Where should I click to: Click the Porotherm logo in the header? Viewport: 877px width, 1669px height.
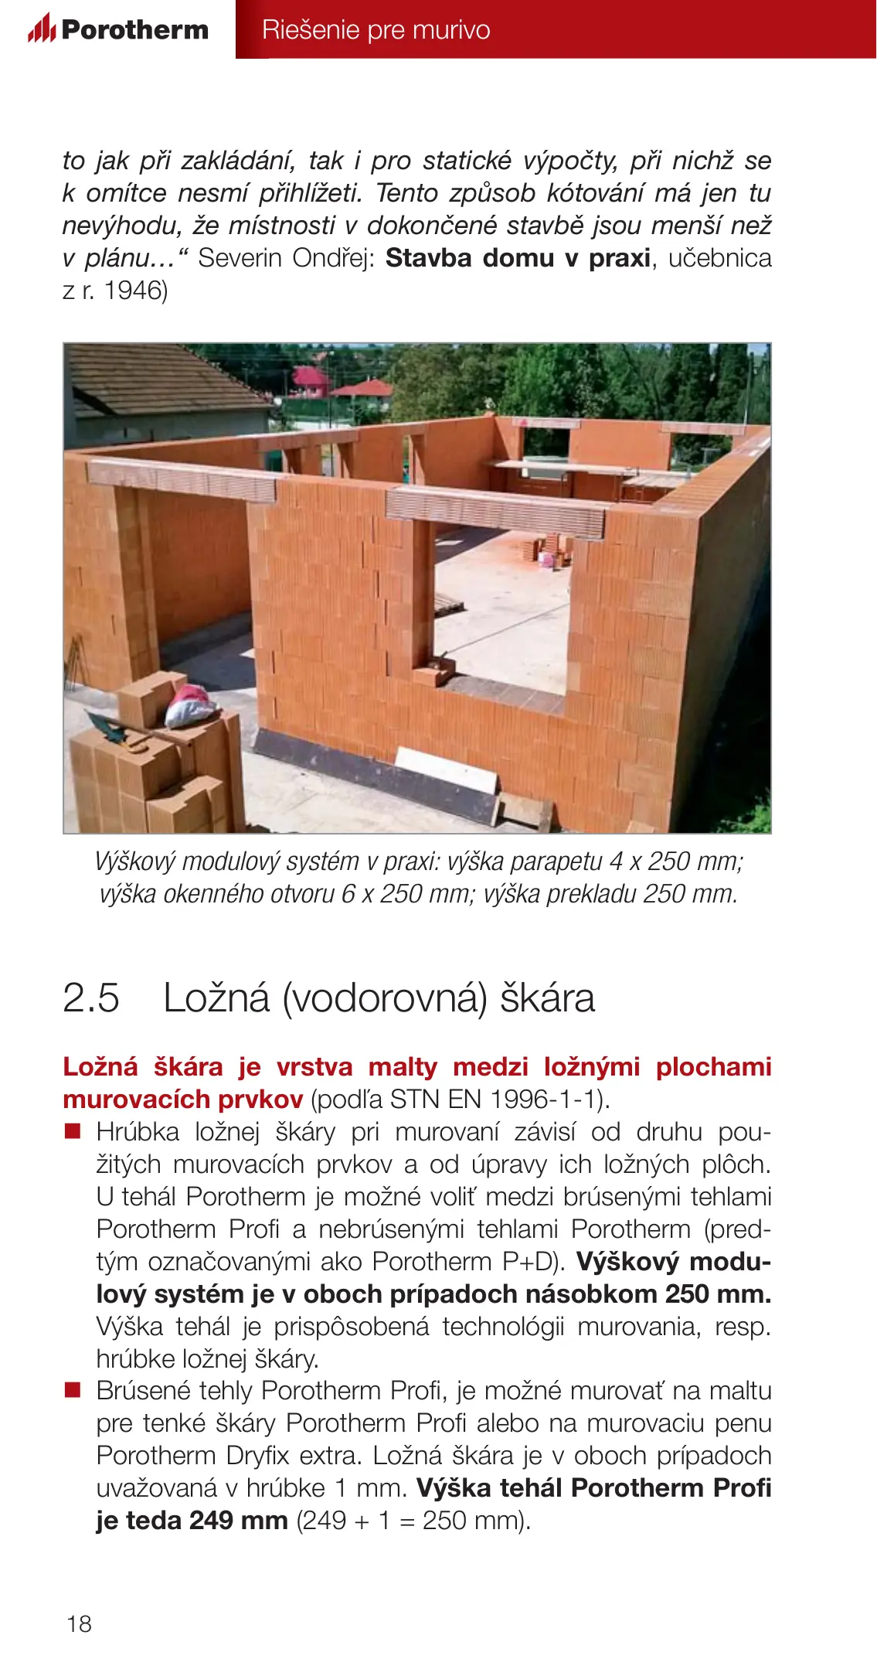118,29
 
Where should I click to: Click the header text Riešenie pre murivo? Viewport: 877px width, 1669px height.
376,29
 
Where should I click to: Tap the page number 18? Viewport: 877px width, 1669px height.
79,1623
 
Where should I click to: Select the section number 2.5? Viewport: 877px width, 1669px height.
91,998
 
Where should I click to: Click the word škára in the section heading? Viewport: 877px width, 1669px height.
548,998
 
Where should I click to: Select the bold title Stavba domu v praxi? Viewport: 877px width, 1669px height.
518,258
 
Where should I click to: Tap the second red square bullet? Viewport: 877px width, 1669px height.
73,1391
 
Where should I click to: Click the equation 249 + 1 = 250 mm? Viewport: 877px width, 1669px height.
413,1521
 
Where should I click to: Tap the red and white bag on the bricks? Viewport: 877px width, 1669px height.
188,705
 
